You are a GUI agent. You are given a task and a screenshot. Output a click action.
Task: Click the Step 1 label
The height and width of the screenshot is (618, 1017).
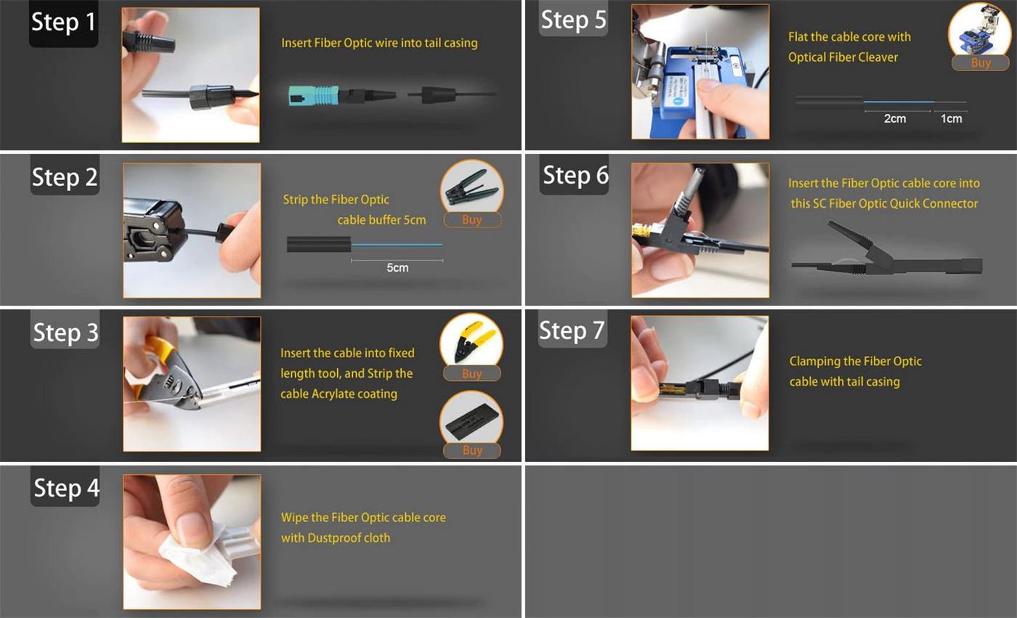(64, 23)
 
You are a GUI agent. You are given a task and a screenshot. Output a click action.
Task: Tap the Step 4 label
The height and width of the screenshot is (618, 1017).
(66, 488)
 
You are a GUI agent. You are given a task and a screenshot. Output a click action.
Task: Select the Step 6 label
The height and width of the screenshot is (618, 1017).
(575, 176)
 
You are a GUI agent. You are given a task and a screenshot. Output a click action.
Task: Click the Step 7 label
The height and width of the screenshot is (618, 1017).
(572, 330)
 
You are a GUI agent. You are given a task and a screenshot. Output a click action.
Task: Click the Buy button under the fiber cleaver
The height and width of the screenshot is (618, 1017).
(980, 62)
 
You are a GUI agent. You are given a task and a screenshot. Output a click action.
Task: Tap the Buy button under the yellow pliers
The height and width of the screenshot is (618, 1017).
(472, 374)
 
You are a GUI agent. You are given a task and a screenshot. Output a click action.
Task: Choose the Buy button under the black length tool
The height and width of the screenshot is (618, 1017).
(472, 450)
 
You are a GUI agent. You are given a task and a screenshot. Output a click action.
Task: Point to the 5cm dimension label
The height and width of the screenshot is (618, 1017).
(397, 268)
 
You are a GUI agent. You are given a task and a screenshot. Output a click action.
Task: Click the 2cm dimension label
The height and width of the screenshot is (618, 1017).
(894, 119)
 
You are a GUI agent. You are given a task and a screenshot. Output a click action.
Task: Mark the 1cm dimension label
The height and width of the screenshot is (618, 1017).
(951, 119)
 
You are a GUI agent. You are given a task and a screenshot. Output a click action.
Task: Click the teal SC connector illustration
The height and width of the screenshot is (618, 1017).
(314, 95)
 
